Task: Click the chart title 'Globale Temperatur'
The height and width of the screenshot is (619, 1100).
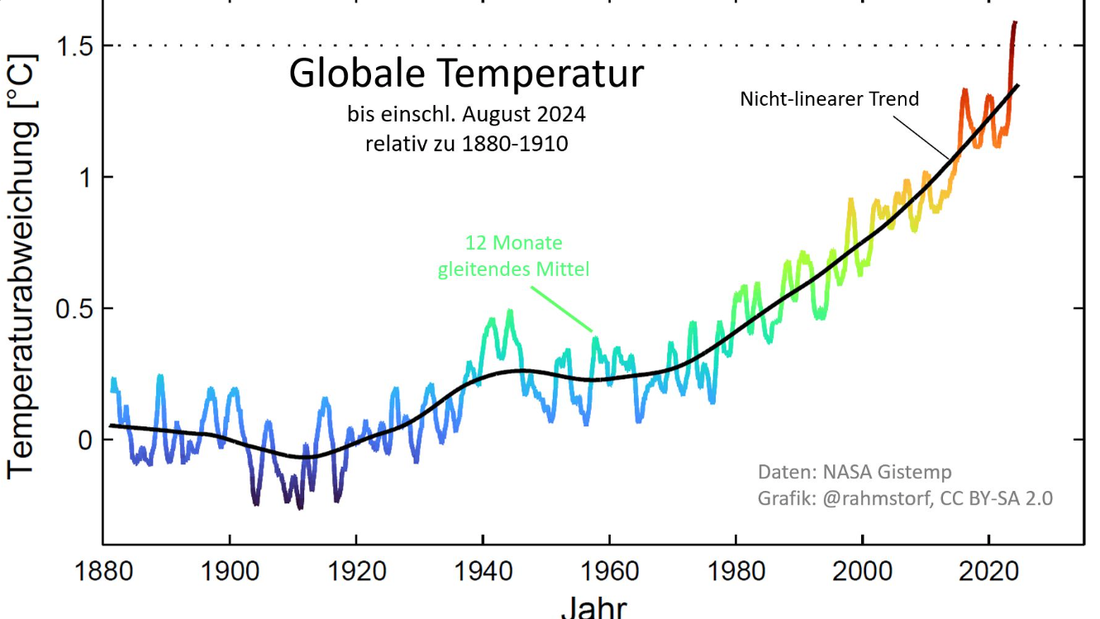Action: (x=465, y=74)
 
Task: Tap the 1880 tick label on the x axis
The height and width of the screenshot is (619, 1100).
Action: (x=103, y=572)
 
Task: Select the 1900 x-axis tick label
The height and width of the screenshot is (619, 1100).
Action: (x=230, y=572)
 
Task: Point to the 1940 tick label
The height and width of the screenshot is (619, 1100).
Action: (x=483, y=572)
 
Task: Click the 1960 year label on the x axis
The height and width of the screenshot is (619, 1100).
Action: (x=609, y=572)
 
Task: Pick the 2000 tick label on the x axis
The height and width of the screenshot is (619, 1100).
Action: (x=862, y=572)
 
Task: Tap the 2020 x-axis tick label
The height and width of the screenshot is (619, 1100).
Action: (x=988, y=572)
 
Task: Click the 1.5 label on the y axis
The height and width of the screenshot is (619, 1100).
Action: (x=73, y=46)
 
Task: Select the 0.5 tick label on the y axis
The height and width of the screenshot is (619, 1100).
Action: (x=73, y=309)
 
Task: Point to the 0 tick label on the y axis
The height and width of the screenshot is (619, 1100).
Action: (x=84, y=440)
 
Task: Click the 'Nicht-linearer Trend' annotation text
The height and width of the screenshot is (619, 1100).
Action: (x=829, y=99)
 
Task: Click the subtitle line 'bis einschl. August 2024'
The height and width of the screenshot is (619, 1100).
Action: (x=466, y=113)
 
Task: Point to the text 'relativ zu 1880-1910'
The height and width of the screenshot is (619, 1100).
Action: (x=466, y=143)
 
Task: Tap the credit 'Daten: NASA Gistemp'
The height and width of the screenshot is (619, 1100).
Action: (x=855, y=472)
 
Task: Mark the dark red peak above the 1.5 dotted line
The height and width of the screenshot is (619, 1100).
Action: (x=1013, y=29)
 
